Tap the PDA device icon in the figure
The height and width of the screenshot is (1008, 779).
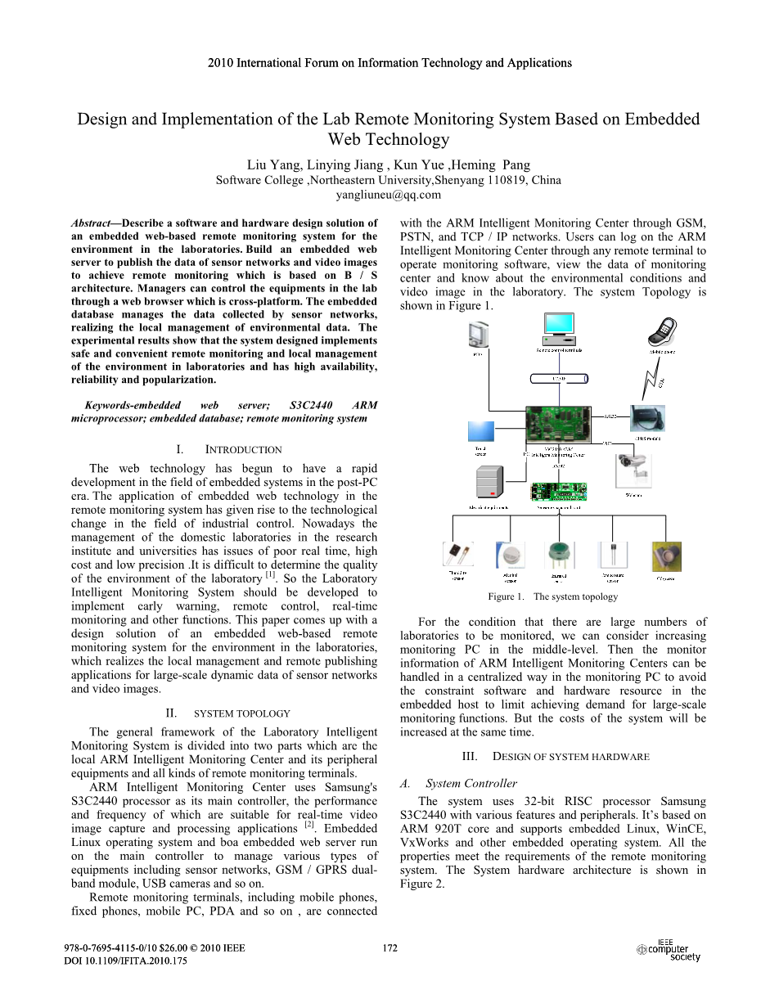[x=478, y=335]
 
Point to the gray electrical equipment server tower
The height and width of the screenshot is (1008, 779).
[x=489, y=482]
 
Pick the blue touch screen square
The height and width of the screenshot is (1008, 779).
[x=480, y=433]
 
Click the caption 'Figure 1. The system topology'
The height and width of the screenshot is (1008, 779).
[x=552, y=596]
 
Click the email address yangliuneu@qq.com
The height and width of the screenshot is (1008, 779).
[x=389, y=195]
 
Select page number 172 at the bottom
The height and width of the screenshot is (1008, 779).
[x=389, y=948]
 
